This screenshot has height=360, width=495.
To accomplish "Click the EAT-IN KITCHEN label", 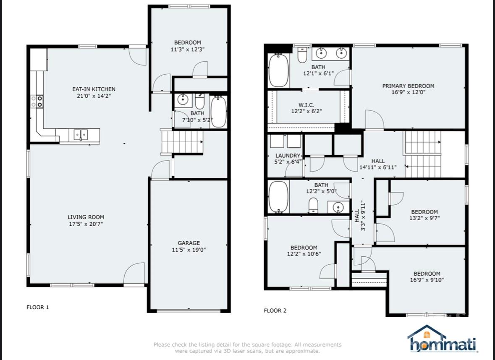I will [x=94, y=89].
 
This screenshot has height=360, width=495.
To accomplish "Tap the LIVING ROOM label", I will [x=86, y=217].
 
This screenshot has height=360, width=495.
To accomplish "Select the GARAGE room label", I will [x=189, y=243].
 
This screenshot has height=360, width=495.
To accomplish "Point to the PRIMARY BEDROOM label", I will [x=408, y=86].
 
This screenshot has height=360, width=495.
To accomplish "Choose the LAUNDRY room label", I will [x=288, y=156].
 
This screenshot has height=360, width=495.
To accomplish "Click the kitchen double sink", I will [x=81, y=135].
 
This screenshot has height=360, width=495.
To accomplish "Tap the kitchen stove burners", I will [x=37, y=101].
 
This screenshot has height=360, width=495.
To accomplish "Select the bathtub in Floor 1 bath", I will [x=218, y=112].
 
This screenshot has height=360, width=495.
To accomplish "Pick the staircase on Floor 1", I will [x=182, y=142].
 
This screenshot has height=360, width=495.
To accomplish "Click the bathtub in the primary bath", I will [x=278, y=70].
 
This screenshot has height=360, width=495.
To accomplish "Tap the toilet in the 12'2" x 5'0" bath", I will [x=313, y=205].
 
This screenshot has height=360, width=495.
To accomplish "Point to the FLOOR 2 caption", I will [x=275, y=310].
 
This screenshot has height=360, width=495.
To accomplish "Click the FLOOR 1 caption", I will [x=38, y=307].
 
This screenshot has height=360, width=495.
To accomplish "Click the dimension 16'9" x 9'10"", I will [x=427, y=280].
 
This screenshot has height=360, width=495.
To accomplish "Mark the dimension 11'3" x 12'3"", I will [x=188, y=49].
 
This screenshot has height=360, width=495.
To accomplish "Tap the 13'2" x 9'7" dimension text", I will [x=424, y=218].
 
